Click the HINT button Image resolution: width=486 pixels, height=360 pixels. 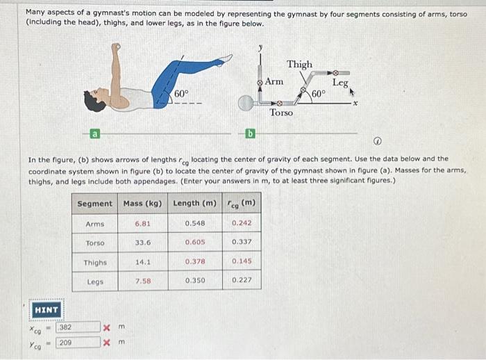click(x=47, y=309)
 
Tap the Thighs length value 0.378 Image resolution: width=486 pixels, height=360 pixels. click(x=194, y=261)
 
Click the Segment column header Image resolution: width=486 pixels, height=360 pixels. click(x=94, y=204)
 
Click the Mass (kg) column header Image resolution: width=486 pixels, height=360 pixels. click(x=142, y=204)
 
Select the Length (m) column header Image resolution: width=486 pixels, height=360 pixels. click(x=194, y=204)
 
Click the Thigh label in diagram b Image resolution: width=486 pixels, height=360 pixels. click(x=300, y=65)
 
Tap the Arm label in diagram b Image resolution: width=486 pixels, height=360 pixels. click(x=274, y=82)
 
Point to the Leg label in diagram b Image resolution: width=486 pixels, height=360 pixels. click(x=340, y=83)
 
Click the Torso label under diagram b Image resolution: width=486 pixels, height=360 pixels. click(x=281, y=112)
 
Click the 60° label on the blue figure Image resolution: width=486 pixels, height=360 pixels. click(x=181, y=92)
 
